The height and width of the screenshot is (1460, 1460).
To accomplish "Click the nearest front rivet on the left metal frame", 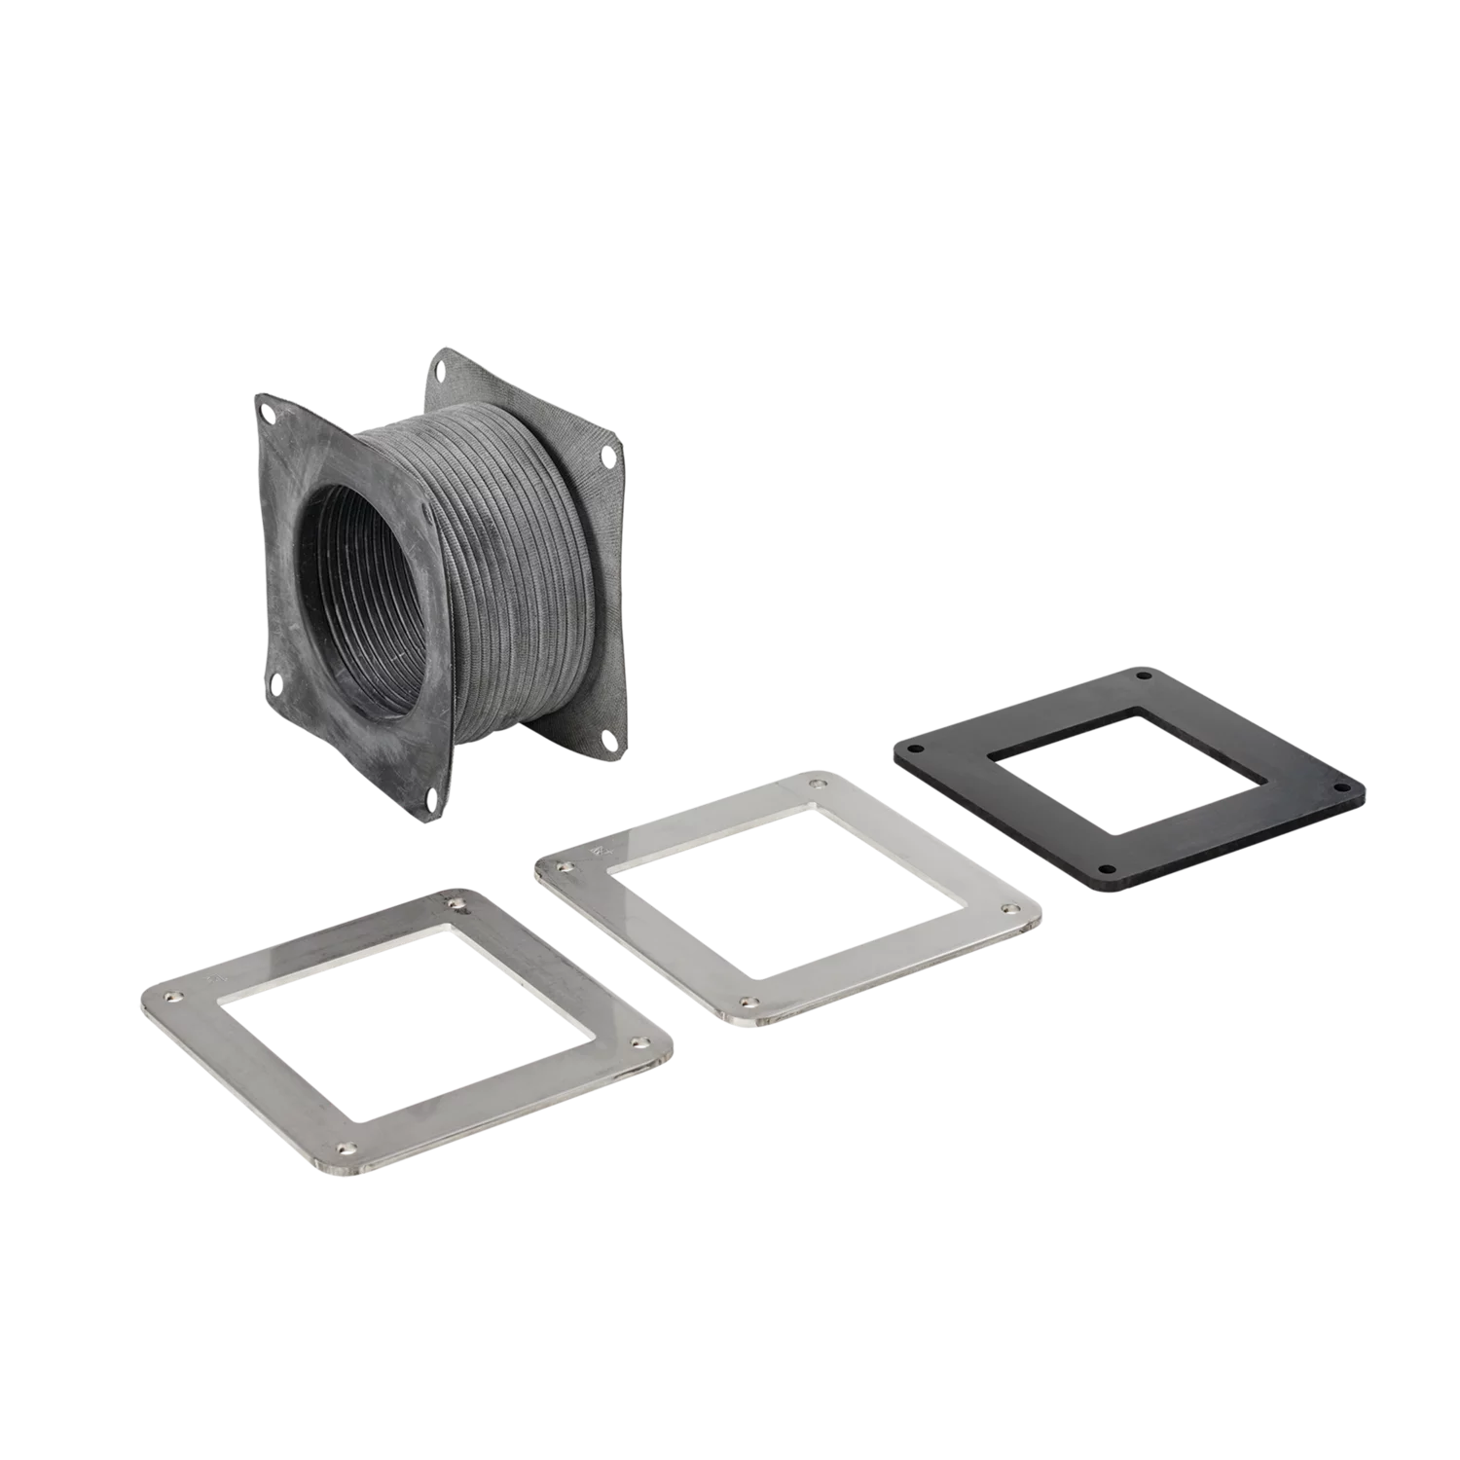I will [x=343, y=1150].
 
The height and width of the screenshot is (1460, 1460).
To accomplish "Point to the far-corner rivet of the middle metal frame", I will [x=811, y=783].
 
